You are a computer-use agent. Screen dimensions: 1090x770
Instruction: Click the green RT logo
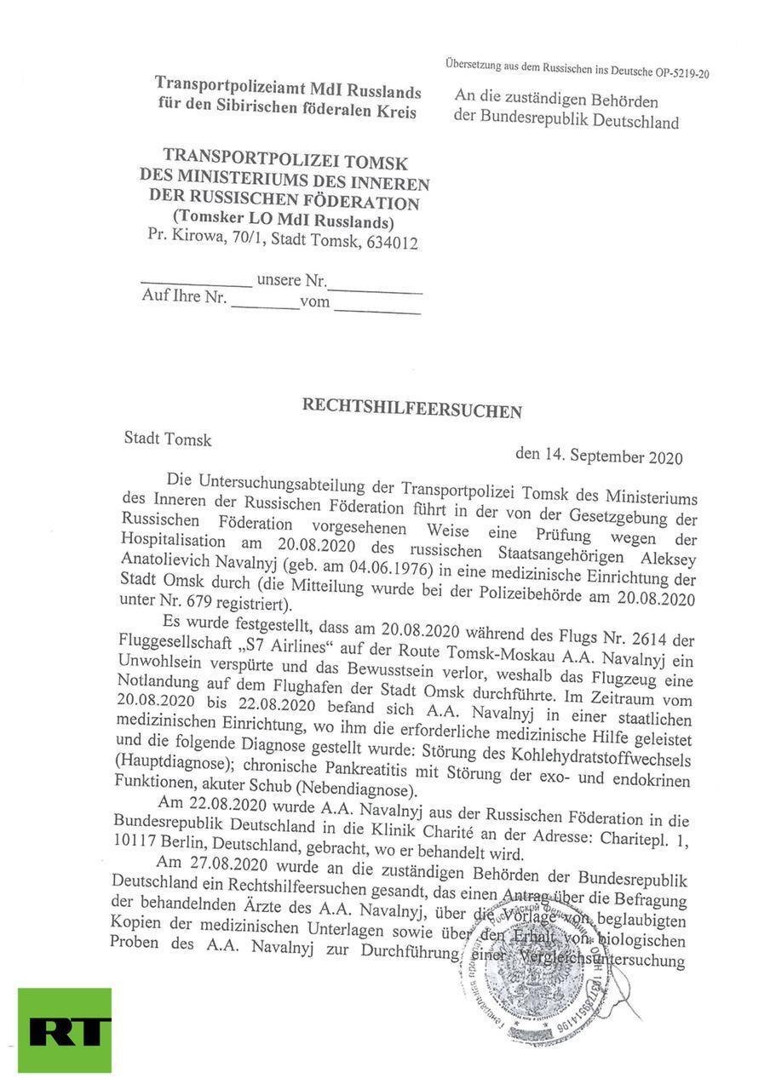click(x=64, y=1030)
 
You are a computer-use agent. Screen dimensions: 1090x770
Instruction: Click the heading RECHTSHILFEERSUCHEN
click(x=411, y=408)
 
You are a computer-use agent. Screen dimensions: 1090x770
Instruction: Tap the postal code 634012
click(x=392, y=243)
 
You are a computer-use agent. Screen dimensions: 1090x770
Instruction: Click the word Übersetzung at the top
click(x=479, y=65)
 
